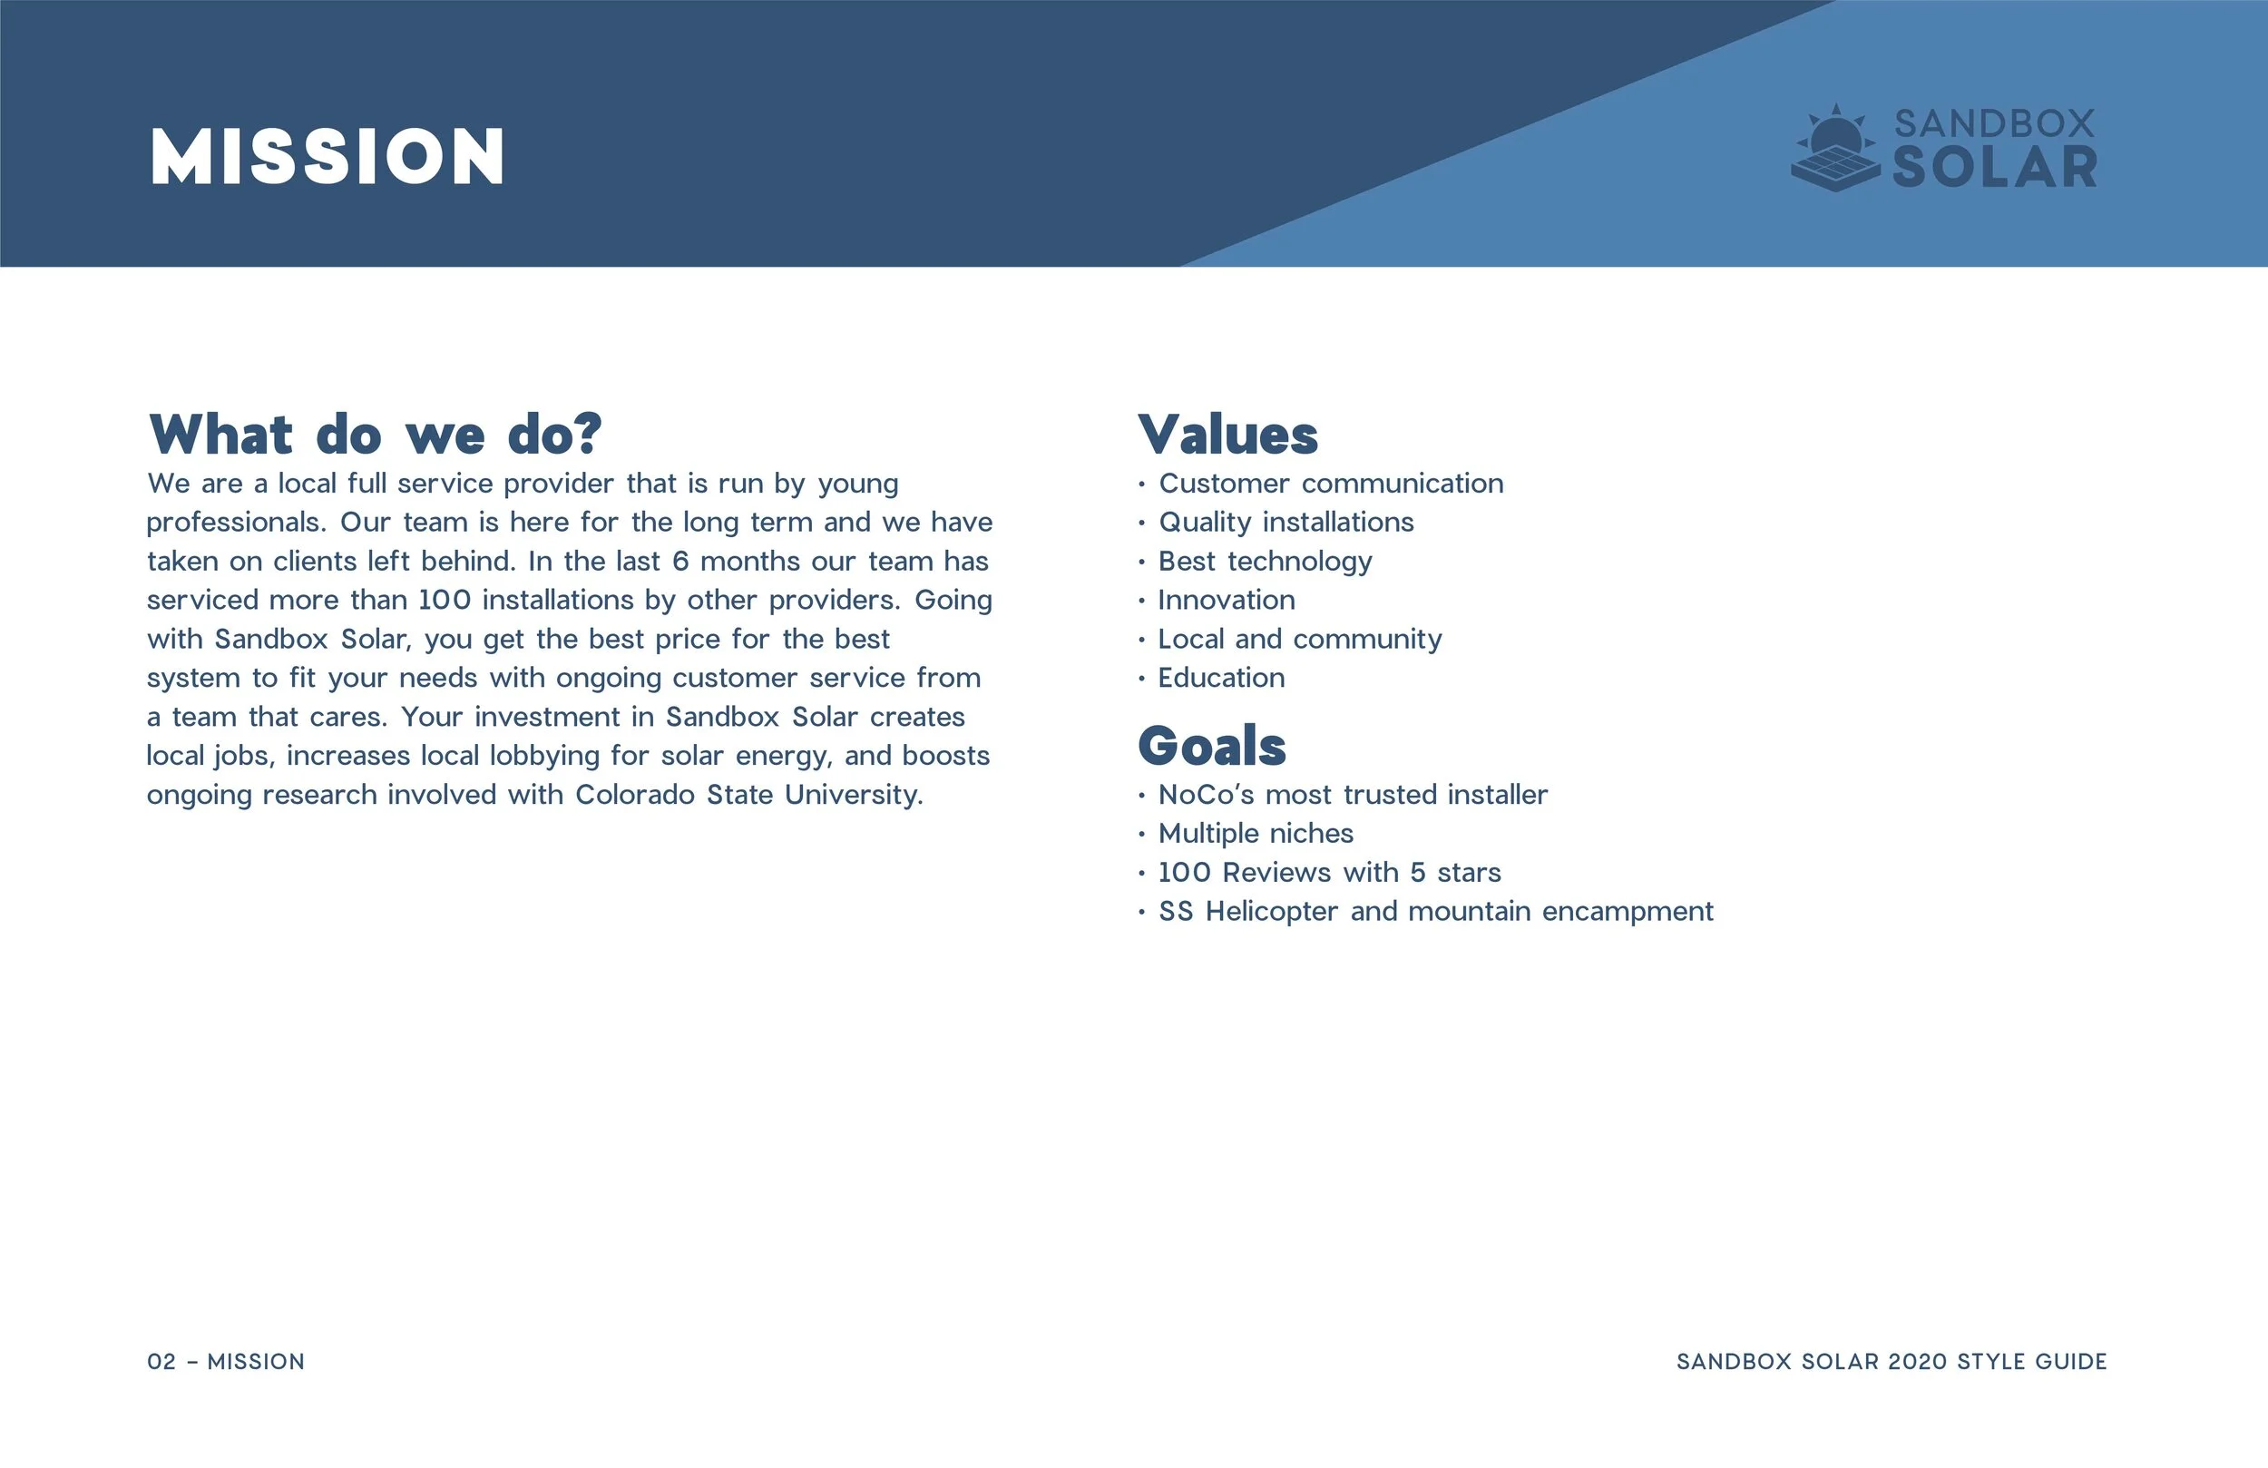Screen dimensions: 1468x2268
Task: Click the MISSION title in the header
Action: tap(327, 156)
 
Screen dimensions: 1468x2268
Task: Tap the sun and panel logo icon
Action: tap(1835, 150)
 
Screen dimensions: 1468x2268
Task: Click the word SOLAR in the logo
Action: tap(1995, 168)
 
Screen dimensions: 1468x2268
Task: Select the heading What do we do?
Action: tap(376, 435)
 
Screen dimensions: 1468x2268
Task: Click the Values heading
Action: tap(1227, 435)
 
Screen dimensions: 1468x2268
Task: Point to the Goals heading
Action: tap(1211, 746)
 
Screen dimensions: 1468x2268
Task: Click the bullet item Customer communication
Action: tap(1330, 484)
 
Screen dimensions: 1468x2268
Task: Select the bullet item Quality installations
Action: tap(1286, 523)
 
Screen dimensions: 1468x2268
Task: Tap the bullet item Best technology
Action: tap(1265, 562)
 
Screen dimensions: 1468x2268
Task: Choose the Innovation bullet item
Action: tap(1226, 601)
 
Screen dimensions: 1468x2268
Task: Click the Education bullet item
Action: tap(1221, 678)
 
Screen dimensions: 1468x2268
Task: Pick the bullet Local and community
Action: tap(1299, 639)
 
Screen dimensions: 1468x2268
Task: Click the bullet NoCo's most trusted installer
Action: tap(1353, 795)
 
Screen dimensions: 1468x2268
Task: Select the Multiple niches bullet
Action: tap(1255, 834)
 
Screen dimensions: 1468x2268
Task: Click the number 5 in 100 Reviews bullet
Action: tap(1418, 872)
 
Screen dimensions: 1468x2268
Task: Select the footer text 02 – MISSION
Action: tap(226, 1361)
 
